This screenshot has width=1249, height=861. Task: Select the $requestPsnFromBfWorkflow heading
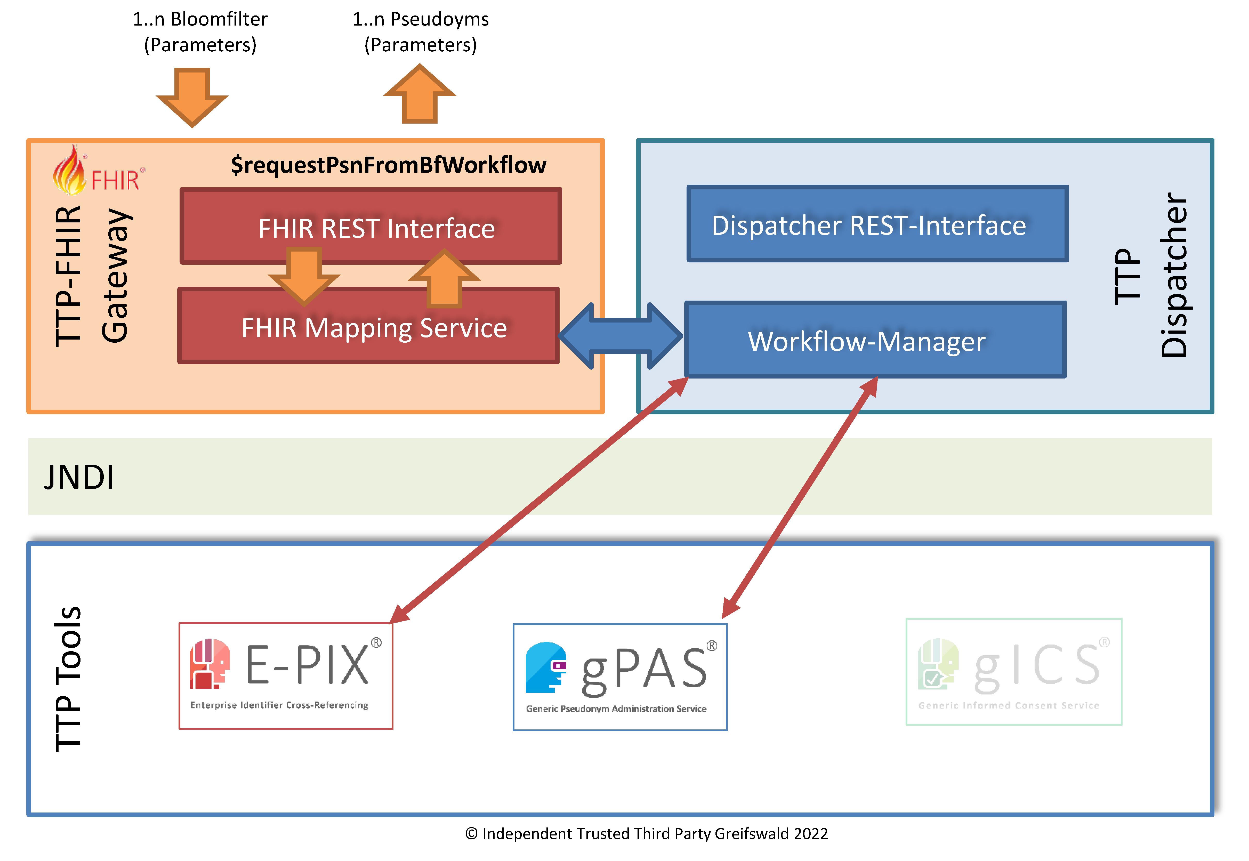tap(388, 165)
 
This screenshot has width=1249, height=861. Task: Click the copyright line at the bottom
tap(646, 834)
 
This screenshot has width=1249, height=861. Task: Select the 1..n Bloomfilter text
tap(200, 19)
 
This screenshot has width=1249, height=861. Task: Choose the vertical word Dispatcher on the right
tap(1175, 275)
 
